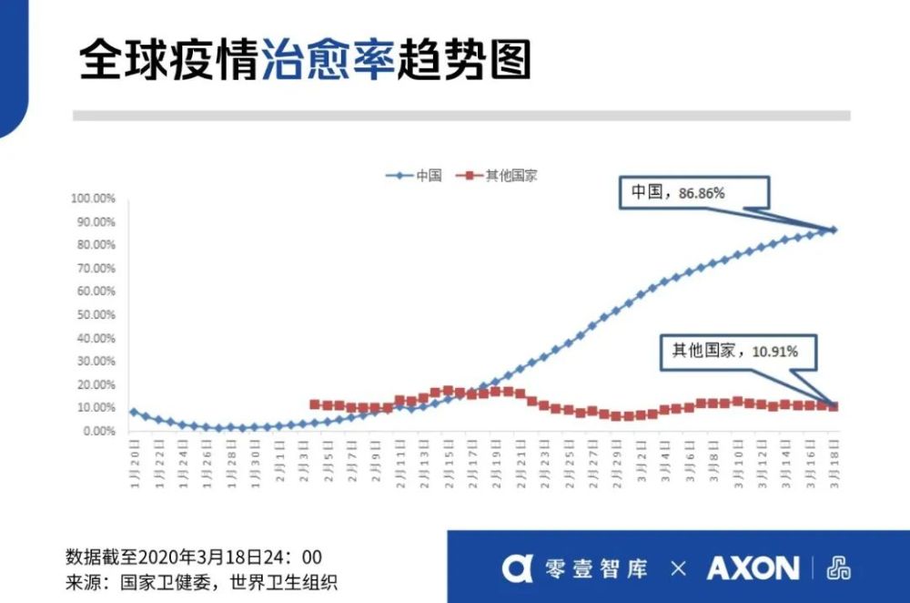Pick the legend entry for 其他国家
(x=500, y=175)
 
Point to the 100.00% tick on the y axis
(x=94, y=199)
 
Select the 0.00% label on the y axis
(x=96, y=431)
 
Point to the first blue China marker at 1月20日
(x=134, y=412)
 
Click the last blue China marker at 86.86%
(x=834, y=230)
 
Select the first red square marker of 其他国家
(x=315, y=404)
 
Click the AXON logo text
(x=753, y=568)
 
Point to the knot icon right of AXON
(x=838, y=568)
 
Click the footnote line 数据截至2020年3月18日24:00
(x=194, y=557)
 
